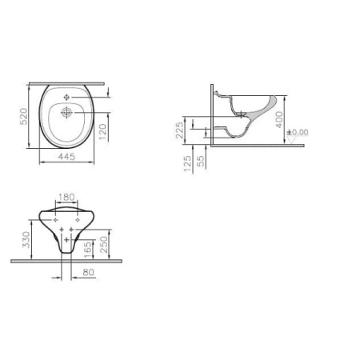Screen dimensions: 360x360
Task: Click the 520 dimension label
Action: [x=24, y=116]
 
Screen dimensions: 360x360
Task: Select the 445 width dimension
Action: [x=66, y=157]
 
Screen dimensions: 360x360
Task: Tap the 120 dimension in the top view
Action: [x=102, y=132]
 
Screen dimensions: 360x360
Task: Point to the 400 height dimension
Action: [x=279, y=120]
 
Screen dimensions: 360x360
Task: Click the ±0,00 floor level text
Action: [x=298, y=132]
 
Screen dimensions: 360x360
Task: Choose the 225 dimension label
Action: [x=180, y=130]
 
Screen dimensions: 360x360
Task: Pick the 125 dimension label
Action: [x=188, y=163]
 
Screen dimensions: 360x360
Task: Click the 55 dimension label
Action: [x=202, y=161]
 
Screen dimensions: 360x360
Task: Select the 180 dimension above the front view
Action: [x=66, y=198]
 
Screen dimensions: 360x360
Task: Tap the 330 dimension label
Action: [x=26, y=239]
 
